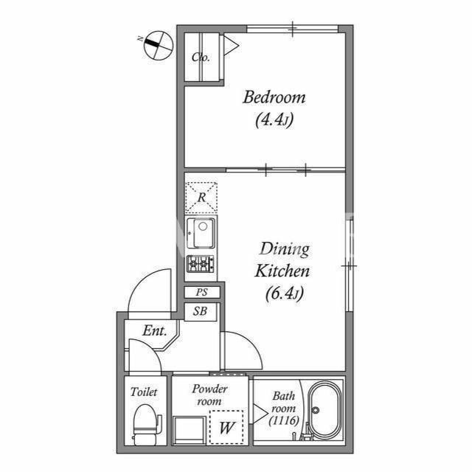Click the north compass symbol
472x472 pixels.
(159, 45)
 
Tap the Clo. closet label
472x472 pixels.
(201, 58)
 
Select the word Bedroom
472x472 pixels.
(274, 97)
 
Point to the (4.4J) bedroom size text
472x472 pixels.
(274, 120)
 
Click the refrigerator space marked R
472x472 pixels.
(201, 198)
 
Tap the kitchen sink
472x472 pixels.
(201, 233)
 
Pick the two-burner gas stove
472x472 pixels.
(201, 264)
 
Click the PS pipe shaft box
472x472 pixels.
(202, 292)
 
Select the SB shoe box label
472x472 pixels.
(200, 311)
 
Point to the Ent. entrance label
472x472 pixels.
(155, 331)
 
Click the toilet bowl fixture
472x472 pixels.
(145, 424)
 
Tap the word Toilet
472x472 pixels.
(144, 392)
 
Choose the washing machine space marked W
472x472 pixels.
(226, 427)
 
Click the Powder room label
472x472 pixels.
(209, 395)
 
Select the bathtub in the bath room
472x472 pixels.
(326, 409)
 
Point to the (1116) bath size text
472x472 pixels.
(284, 420)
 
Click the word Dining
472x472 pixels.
(284, 249)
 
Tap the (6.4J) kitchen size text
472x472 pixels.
(285, 294)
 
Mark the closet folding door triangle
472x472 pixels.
(230, 46)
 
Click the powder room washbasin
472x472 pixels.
(190, 430)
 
